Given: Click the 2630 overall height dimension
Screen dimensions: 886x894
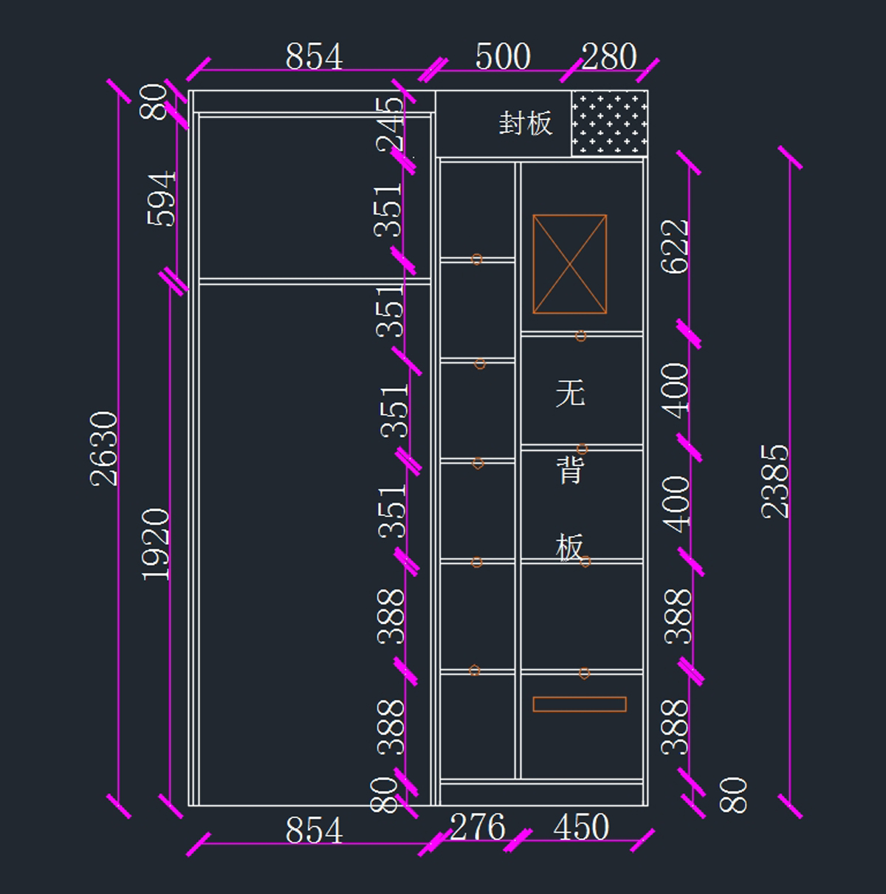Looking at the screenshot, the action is tap(103, 448).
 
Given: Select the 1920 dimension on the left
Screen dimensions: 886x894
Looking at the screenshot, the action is tap(156, 544).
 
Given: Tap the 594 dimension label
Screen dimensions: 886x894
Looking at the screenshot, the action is tap(161, 199).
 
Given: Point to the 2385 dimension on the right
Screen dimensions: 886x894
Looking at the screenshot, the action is tap(775, 481).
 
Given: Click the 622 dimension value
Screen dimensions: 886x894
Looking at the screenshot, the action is tap(674, 247).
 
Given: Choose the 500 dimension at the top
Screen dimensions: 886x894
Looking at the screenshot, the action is tap(503, 57).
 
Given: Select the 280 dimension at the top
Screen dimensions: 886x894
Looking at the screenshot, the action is tap(608, 57).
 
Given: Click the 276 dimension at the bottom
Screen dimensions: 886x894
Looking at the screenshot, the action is tap(478, 827).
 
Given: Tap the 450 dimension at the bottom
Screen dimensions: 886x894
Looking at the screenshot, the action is tap(581, 827).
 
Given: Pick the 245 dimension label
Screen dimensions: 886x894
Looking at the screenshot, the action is tap(391, 126).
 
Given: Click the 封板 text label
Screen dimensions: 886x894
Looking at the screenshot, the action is tap(526, 123).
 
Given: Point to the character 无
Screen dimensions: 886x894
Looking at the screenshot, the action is tap(571, 393).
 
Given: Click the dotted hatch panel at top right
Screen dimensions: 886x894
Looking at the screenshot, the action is tap(609, 123).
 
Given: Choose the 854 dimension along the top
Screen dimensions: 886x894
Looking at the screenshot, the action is tap(314, 57).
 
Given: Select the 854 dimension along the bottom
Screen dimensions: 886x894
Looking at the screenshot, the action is tap(314, 830).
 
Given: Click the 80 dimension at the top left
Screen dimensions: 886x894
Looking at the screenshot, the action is tap(153, 102).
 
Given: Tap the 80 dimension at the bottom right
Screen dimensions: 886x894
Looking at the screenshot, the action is tap(733, 795).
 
